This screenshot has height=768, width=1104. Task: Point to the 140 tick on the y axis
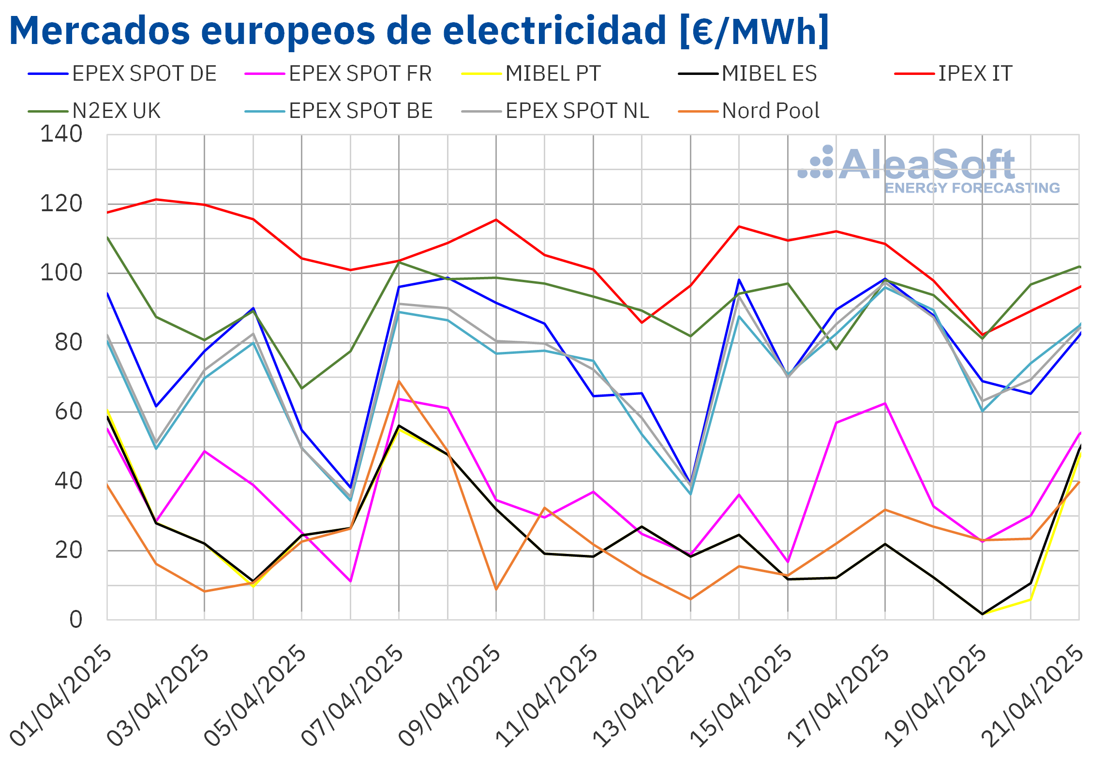pos(61,134)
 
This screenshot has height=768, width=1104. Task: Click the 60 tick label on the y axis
pos(69,412)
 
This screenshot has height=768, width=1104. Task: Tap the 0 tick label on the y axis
pos(76,620)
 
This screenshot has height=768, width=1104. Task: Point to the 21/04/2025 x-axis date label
pos(1033,696)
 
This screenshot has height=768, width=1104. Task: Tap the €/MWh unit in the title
pos(754,31)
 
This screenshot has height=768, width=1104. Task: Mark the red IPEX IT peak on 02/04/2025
pos(156,199)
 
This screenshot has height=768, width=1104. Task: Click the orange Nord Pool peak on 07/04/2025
pos(399,381)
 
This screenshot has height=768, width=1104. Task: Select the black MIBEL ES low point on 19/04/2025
pos(982,614)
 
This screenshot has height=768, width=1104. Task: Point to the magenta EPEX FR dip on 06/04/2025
pos(350,581)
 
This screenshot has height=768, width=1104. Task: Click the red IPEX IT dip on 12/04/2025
pos(642,322)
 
